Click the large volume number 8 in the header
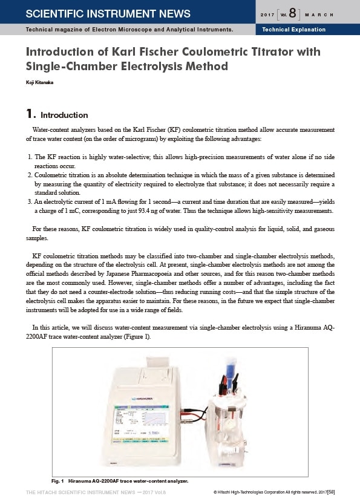pyautogui.click(x=292, y=13)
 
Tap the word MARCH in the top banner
pyautogui.click(x=319, y=15)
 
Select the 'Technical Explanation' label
pyautogui.click(x=293, y=30)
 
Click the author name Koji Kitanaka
pyautogui.click(x=39, y=82)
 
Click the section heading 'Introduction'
pyautogui.click(x=64, y=115)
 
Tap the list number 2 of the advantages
pyautogui.click(x=30, y=175)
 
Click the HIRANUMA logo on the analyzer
pyautogui.click(x=142, y=399)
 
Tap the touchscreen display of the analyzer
pyautogui.click(x=140, y=423)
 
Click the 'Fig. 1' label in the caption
pyautogui.click(x=57, y=481)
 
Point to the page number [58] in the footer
pyautogui.click(x=331, y=492)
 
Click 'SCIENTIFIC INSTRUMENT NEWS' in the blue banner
pyautogui.click(x=108, y=13)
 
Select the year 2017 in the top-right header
pyautogui.click(x=267, y=15)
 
